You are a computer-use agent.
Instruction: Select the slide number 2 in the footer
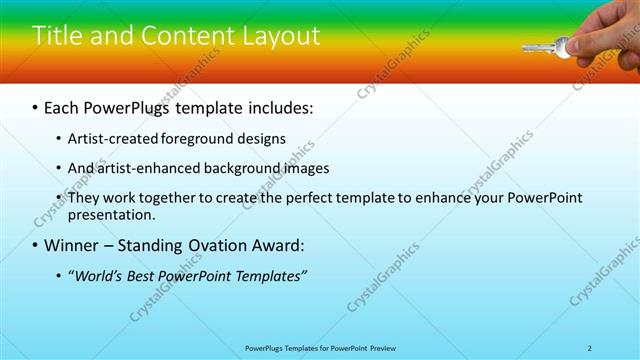click(x=589, y=347)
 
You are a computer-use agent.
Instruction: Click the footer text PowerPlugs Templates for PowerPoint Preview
click(x=319, y=347)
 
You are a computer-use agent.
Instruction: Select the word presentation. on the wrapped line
click(x=112, y=214)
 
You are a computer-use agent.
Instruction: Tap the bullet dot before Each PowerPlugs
click(x=36, y=105)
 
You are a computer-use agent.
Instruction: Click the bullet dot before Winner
click(x=36, y=245)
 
